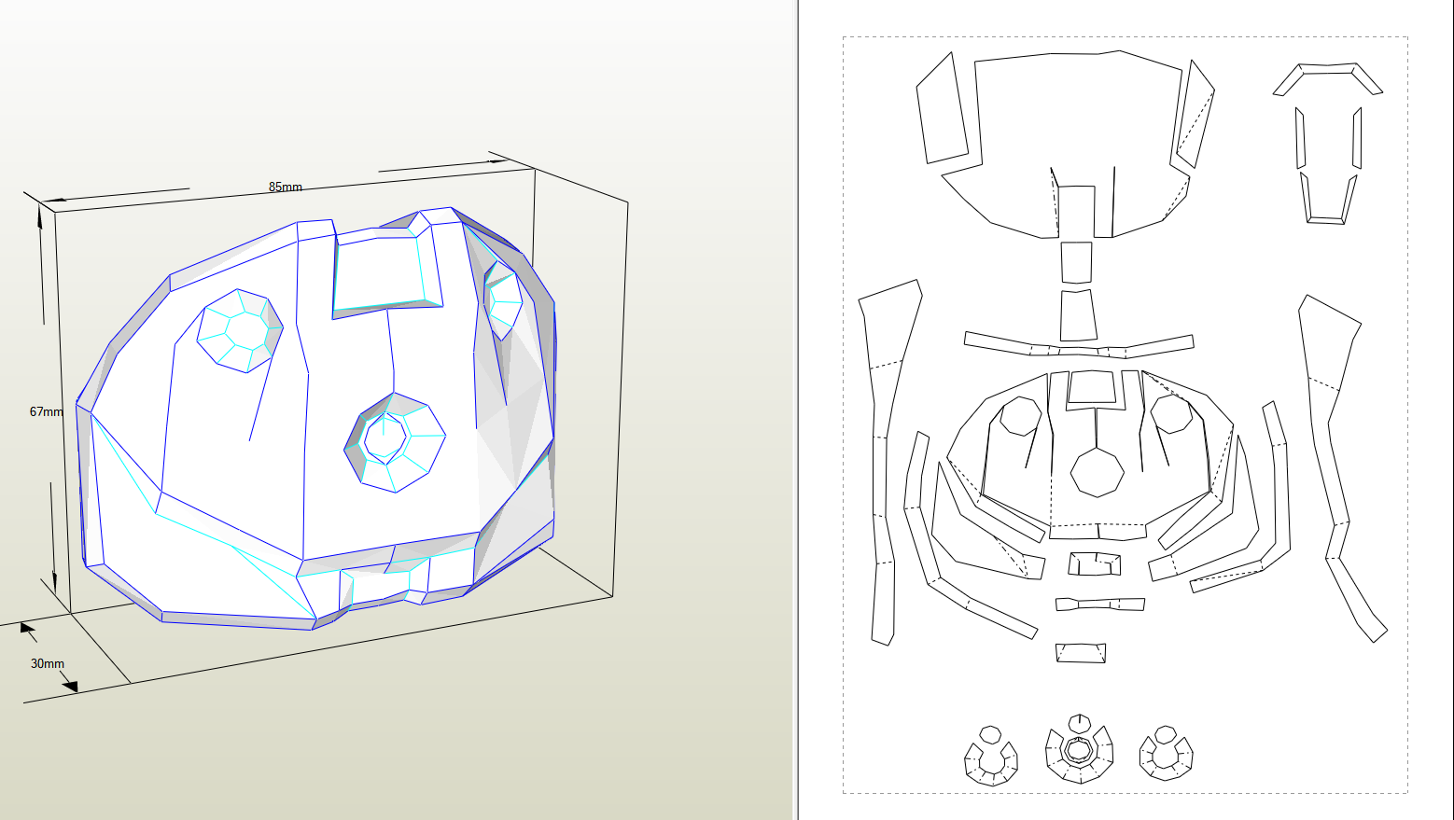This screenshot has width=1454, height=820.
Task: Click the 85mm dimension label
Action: pos(286,187)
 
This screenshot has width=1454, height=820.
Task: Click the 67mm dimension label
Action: pos(46,411)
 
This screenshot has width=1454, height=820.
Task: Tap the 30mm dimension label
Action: pos(48,663)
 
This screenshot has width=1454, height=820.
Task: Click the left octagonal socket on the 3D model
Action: pos(240,331)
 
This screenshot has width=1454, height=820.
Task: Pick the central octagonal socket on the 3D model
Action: pos(395,442)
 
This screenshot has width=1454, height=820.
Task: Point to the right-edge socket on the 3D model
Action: pos(503,299)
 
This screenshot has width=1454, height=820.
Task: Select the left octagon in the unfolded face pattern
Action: pos(1020,416)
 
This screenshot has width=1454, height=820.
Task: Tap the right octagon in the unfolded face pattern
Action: pos(1171,414)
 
